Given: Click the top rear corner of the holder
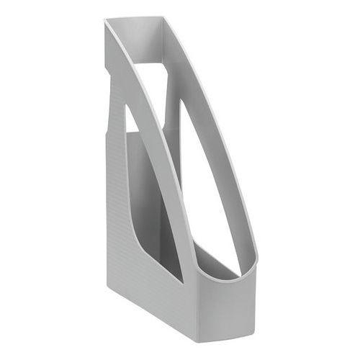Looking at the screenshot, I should [105, 21].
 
